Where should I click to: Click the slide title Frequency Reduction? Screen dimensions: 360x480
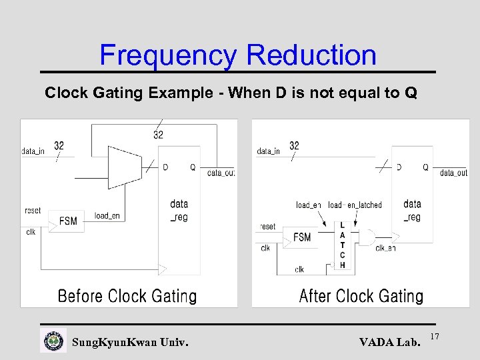[x=238, y=55]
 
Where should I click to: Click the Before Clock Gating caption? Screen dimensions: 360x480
[x=127, y=296]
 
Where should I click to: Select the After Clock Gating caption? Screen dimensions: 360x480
[x=361, y=296]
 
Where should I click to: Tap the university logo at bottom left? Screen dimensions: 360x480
[x=53, y=341]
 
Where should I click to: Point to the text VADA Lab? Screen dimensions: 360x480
[x=390, y=343]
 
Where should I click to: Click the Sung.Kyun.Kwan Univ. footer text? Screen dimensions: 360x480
[x=130, y=343]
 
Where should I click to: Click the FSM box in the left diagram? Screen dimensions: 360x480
[x=68, y=221]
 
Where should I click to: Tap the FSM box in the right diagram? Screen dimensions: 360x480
[x=302, y=237]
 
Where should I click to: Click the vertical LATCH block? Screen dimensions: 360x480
[x=342, y=245]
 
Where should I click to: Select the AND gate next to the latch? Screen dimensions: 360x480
[x=366, y=237]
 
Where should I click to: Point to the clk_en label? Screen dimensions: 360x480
[x=385, y=248]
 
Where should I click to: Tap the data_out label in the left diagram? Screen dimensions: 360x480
[x=221, y=173]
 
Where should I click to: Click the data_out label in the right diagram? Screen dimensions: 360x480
[x=453, y=173]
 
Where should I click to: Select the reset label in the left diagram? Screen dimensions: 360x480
[x=33, y=211]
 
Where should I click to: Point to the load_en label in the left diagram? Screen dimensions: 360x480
[x=107, y=216]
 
